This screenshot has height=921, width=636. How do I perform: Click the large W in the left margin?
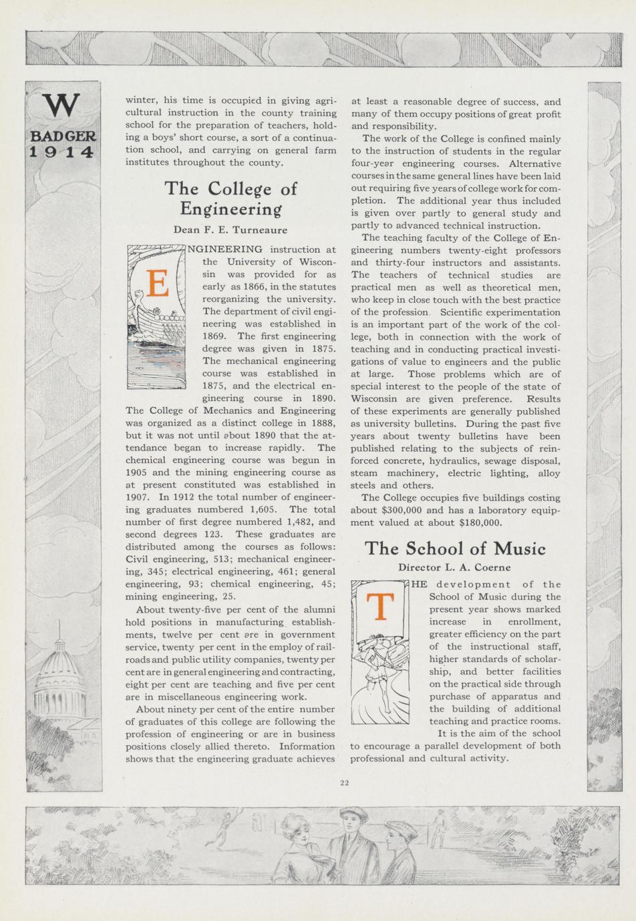click(x=61, y=105)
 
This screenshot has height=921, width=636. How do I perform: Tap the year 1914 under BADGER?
click(x=61, y=151)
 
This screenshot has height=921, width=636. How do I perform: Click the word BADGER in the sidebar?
click(x=63, y=136)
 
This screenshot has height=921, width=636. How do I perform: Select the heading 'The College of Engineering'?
click(x=230, y=198)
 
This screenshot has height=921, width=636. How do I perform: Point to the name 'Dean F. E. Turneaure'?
click(x=230, y=230)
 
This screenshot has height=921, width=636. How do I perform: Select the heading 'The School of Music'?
click(x=455, y=549)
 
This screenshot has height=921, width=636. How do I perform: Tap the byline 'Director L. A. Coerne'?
click(x=454, y=567)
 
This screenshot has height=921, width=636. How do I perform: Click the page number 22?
click(x=345, y=783)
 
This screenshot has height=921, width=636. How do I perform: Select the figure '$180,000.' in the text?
click(x=478, y=523)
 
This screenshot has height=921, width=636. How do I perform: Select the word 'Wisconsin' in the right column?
click(x=373, y=399)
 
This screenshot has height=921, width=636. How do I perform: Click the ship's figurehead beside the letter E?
click(x=139, y=296)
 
